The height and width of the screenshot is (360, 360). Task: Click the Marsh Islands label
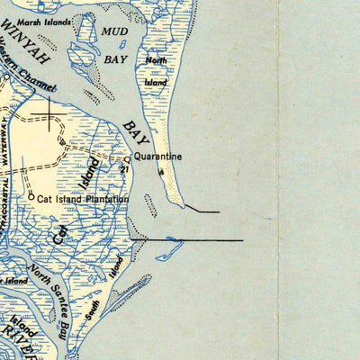click(53, 19)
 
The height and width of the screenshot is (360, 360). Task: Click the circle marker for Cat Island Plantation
click(31, 195)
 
